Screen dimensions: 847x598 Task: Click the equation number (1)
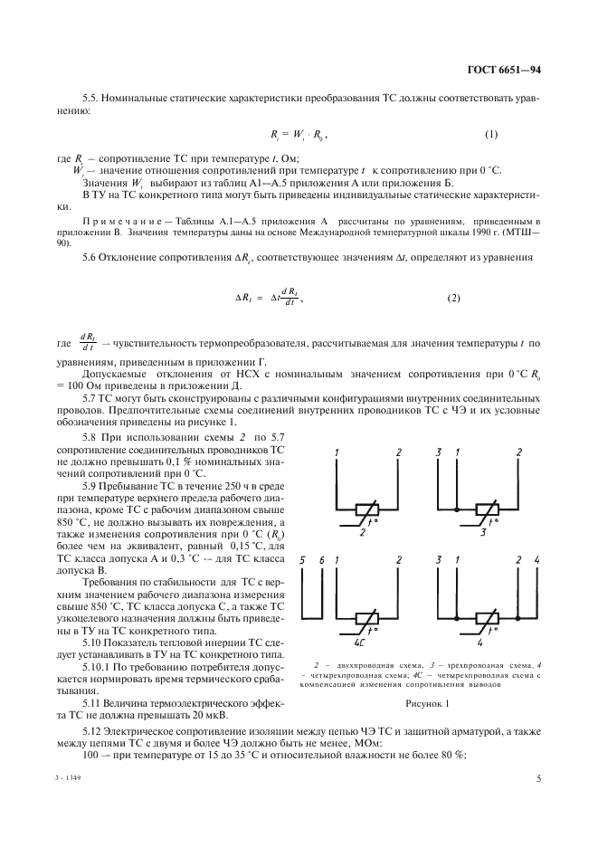[491, 135]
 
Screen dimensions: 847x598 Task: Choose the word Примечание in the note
[118, 221]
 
